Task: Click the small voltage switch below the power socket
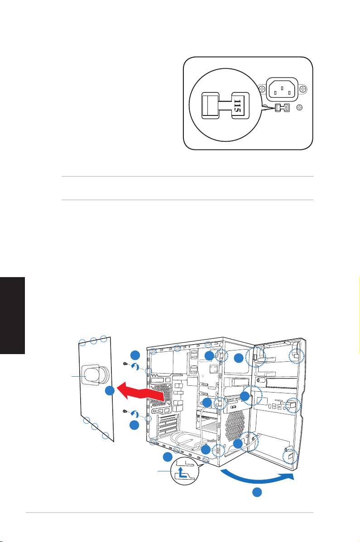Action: point(281,108)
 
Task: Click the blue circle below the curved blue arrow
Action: point(257,493)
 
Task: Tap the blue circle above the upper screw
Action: point(134,355)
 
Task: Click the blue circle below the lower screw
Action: point(134,425)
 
